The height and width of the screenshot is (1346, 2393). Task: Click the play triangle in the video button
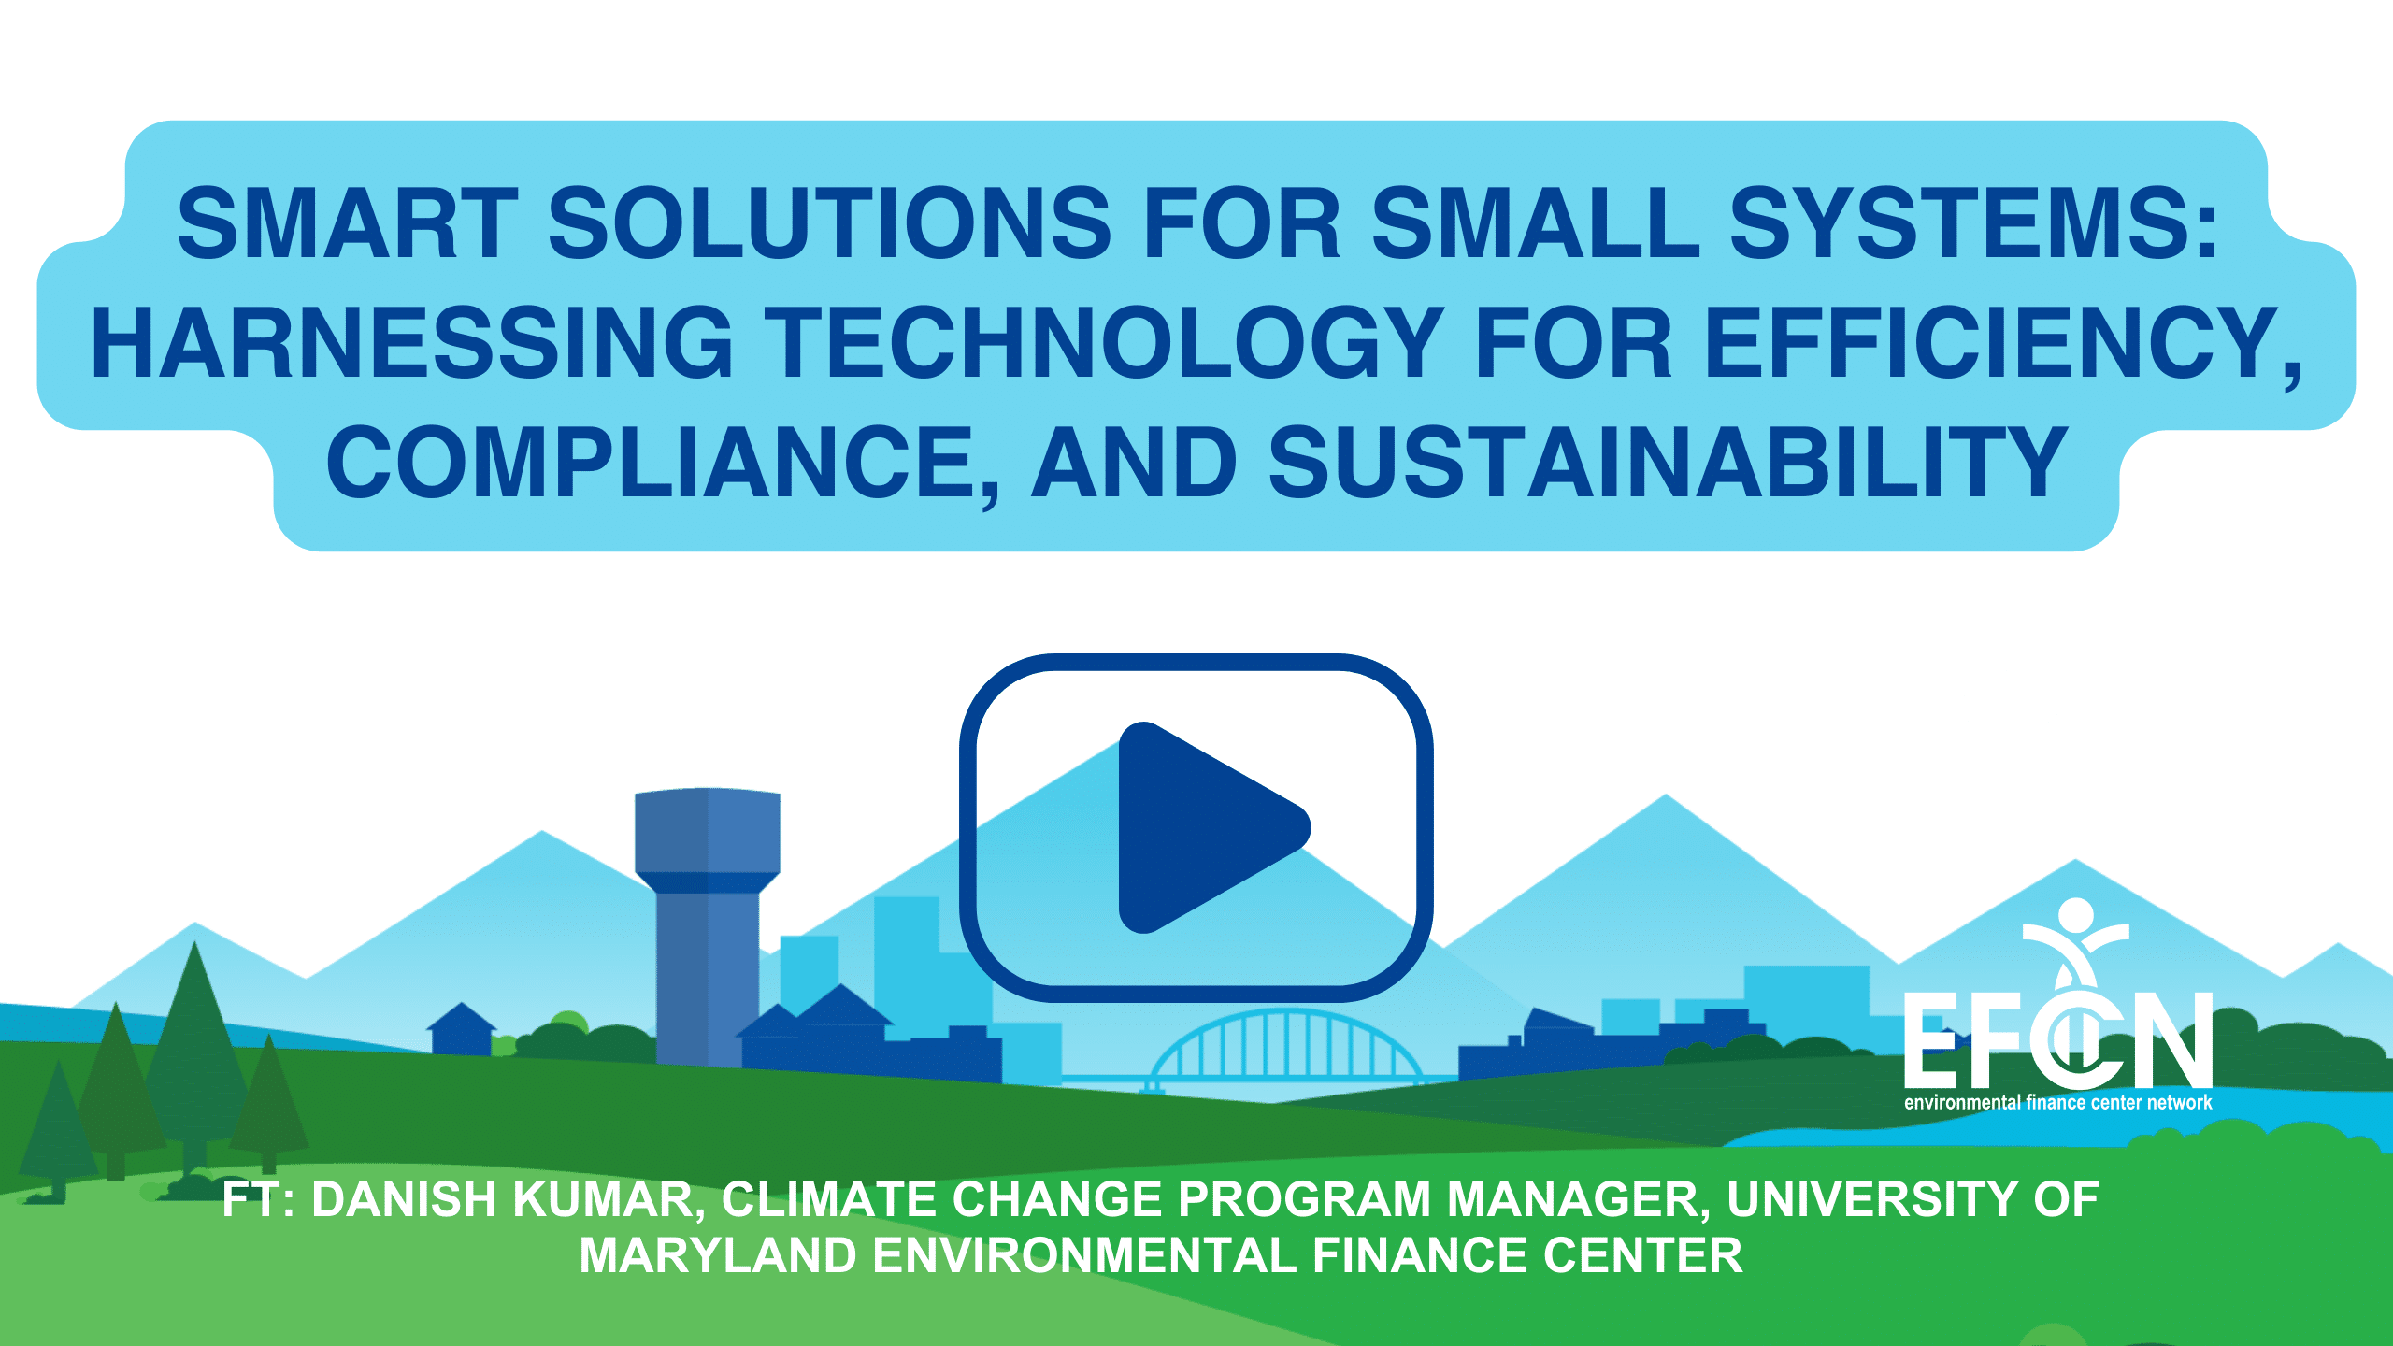1206,827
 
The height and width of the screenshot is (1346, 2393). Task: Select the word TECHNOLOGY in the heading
1104,343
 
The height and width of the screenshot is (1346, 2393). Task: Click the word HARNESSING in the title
412,343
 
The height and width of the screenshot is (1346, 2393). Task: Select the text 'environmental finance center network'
2058,1103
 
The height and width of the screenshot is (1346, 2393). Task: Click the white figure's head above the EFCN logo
2076,914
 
